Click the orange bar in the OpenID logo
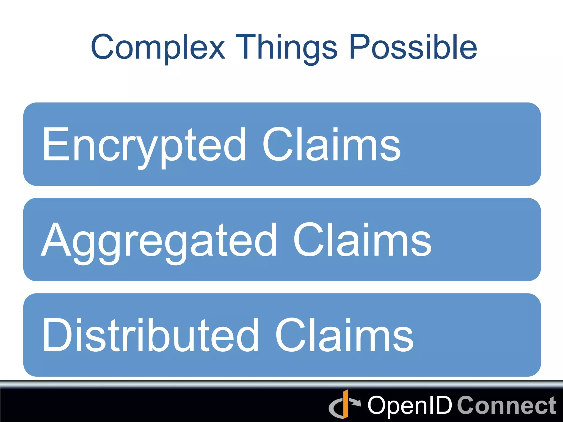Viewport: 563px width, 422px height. [346, 404]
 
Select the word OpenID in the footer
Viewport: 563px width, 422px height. [410, 405]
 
